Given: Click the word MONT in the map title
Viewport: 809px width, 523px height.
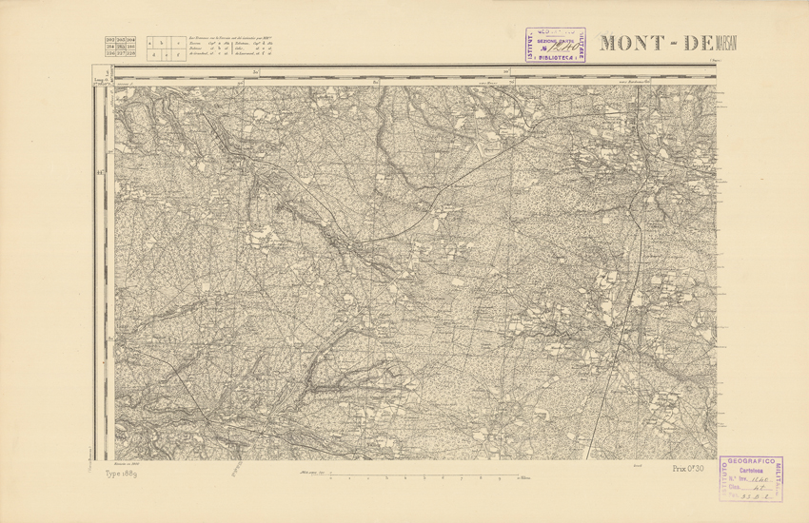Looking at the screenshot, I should point(633,44).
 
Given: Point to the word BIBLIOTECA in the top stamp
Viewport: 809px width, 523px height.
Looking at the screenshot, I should point(555,56).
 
